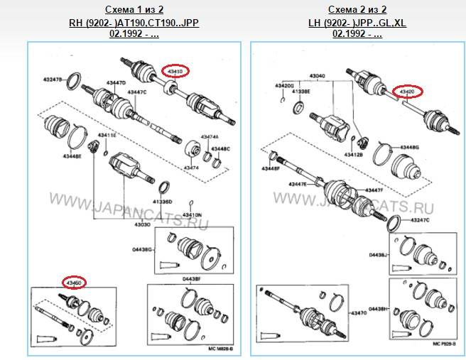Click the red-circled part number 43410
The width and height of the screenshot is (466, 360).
point(175,72)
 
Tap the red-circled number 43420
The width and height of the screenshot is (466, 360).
point(408,92)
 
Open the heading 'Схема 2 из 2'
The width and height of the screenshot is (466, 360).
point(357,10)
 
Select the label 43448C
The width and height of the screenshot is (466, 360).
point(220,149)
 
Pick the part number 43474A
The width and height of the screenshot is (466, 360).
point(209,136)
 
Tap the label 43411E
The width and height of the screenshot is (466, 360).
point(107,135)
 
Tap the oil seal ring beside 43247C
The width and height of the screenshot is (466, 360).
point(390,224)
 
